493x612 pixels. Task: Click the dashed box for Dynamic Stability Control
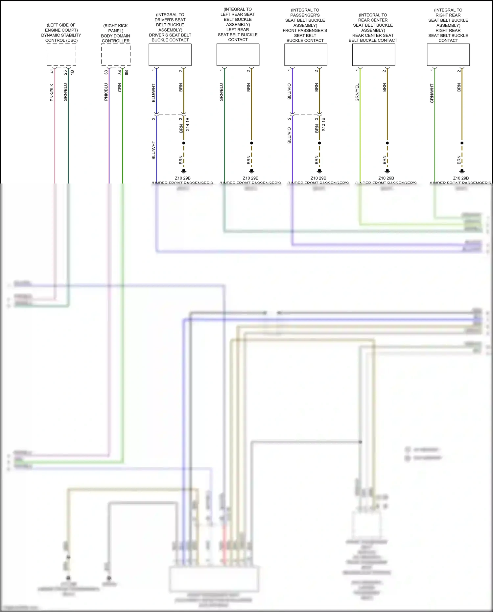(x=61, y=55)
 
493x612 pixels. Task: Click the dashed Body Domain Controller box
(x=116, y=55)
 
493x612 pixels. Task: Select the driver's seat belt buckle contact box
(x=170, y=55)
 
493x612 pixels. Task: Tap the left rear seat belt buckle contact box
(x=238, y=55)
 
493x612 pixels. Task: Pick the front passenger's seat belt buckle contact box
(x=306, y=55)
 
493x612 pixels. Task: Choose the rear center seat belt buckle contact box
(x=373, y=55)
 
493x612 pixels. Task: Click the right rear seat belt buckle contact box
(x=448, y=55)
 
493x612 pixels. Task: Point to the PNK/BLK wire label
(x=52, y=92)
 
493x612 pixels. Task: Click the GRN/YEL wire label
(x=357, y=92)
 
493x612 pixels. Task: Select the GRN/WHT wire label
(x=432, y=93)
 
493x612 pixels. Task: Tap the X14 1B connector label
(x=188, y=124)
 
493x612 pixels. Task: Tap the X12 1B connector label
(x=323, y=124)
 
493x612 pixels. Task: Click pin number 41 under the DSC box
(x=52, y=71)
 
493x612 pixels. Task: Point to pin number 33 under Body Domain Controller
(x=106, y=72)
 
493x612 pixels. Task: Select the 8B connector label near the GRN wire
(x=127, y=72)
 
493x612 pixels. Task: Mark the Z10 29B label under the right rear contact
(x=461, y=178)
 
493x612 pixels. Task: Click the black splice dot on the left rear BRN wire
(x=251, y=143)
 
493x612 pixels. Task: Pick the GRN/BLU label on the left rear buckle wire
(x=221, y=92)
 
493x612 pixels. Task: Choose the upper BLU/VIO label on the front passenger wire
(x=289, y=91)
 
